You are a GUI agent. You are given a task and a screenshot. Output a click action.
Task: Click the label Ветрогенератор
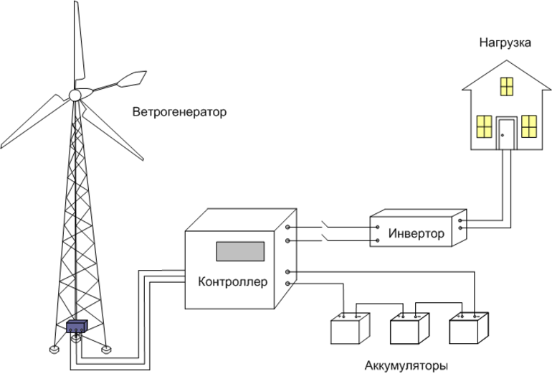pyautogui.click(x=179, y=113)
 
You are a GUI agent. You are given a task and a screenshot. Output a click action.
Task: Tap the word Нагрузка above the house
pyautogui.click(x=505, y=43)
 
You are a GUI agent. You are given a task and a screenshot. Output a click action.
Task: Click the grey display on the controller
pyautogui.click(x=241, y=251)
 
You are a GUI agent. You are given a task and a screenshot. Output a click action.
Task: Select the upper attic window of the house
pyautogui.click(x=507, y=86)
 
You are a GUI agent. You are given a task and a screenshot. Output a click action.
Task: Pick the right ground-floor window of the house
pyautogui.click(x=529, y=126)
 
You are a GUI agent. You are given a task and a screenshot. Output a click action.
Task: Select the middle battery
pyautogui.click(x=409, y=331)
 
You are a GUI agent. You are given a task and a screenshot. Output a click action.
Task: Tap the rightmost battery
pyautogui.click(x=470, y=331)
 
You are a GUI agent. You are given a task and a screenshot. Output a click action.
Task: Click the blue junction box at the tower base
pyautogui.click(x=77, y=327)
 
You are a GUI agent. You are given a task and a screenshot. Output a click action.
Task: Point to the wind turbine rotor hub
pyautogui.click(x=75, y=95)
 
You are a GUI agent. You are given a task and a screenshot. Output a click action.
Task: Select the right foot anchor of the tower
pyautogui.click(x=106, y=350)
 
